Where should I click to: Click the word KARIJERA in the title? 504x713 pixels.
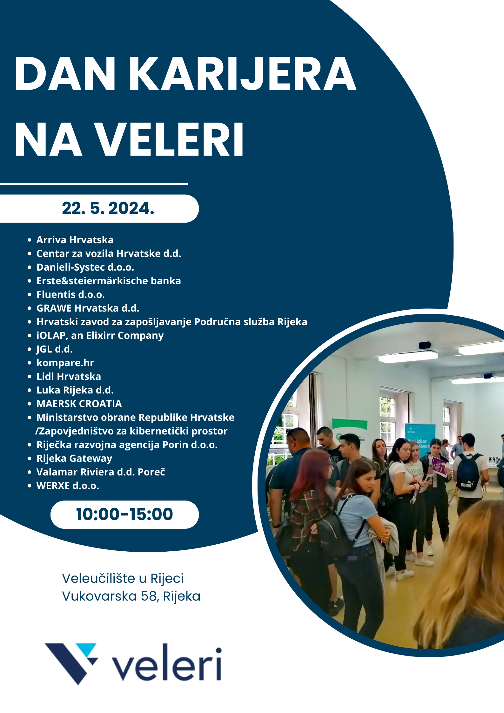(x=243, y=74)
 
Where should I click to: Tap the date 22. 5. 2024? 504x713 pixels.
(x=108, y=208)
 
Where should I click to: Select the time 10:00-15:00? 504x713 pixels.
(x=124, y=514)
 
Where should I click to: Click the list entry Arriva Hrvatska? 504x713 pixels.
(x=75, y=240)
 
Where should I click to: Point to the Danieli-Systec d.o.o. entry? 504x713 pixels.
(x=85, y=267)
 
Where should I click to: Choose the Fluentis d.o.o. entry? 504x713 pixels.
(x=71, y=294)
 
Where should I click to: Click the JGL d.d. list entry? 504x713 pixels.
(x=54, y=349)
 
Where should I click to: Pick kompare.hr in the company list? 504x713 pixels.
(x=65, y=363)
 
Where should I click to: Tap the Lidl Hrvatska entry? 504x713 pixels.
(x=69, y=376)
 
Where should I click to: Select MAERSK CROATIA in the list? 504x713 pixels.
(x=79, y=404)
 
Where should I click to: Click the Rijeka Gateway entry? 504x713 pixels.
(x=74, y=459)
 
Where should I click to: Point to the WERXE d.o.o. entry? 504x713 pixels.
(x=68, y=486)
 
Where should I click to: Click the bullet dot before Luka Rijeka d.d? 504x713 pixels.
(x=30, y=390)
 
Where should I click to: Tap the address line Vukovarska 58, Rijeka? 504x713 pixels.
(x=131, y=596)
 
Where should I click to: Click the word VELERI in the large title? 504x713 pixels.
(x=170, y=140)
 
